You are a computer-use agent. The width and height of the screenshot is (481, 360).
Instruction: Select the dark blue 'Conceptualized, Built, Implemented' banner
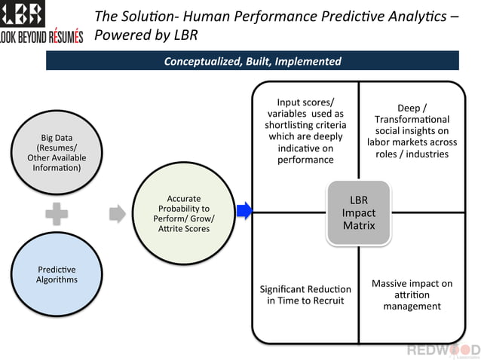coord(253,61)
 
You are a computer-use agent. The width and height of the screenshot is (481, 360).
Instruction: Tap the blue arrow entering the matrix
coord(244,212)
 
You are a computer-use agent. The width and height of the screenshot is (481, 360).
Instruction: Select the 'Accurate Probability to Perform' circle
coord(184,213)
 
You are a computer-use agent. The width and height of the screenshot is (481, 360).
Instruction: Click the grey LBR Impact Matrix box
coord(358,213)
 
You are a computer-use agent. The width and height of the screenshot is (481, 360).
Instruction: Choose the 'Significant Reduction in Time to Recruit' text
coord(305,294)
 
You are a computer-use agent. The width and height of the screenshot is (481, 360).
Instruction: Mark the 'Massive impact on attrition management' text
coord(412,294)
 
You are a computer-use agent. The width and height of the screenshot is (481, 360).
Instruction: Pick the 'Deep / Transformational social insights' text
coord(412,130)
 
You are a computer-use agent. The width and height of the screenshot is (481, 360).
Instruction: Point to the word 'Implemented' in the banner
coord(308,61)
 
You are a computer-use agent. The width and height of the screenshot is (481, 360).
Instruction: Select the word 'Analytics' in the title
coord(417,17)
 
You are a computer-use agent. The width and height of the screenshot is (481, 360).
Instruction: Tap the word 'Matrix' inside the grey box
coord(358,226)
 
